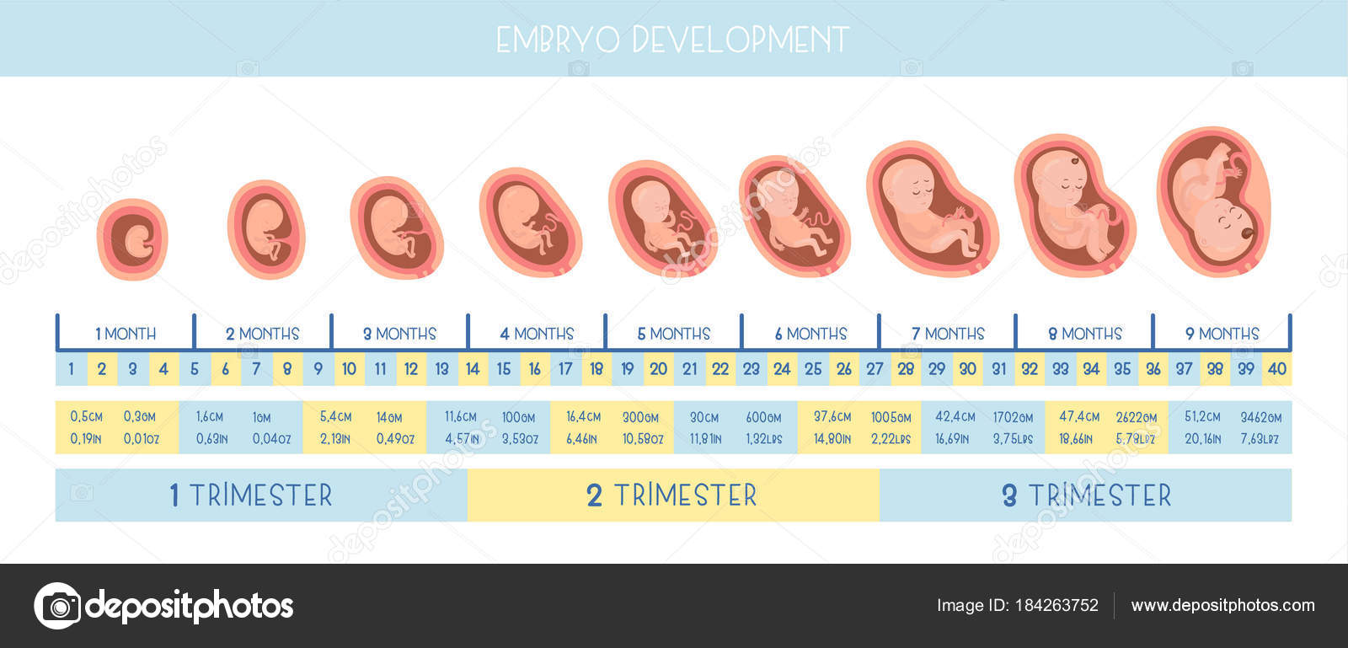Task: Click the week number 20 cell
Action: [658, 369]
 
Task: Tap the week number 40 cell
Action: [1276, 369]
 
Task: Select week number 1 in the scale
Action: [71, 369]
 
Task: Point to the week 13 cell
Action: [441, 369]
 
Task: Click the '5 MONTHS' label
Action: [674, 334]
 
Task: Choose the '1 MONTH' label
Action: [126, 334]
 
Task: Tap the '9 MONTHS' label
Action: [1222, 334]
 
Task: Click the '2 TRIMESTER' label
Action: [671, 495]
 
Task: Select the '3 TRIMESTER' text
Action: [1087, 495]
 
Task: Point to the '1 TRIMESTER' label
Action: [251, 495]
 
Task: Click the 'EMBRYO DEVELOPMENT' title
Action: [673, 40]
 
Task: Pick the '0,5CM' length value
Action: [86, 416]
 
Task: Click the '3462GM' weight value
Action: [1260, 417]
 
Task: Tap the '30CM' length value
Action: [704, 417]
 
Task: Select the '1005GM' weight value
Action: [891, 417]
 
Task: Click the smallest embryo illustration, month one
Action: [132, 239]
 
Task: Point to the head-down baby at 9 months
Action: [1214, 201]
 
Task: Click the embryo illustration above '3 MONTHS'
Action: [397, 228]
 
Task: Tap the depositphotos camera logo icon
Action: [58, 606]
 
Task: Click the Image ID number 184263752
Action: [1056, 605]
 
